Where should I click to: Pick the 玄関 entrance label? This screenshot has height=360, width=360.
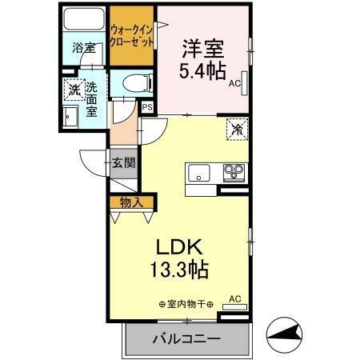123,163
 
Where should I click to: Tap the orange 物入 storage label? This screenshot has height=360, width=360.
130,202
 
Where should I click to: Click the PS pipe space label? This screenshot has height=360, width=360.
147,106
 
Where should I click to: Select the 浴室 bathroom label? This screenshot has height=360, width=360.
83,47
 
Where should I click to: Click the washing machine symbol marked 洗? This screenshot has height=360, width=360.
74,90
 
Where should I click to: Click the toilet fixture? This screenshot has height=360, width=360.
134,82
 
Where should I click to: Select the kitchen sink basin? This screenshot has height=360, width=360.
198,171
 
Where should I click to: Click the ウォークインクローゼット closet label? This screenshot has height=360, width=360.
132,35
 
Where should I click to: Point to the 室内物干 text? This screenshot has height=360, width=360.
185,303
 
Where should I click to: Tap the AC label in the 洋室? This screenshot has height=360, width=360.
234,82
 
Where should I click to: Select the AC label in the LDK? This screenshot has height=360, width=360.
234,298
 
